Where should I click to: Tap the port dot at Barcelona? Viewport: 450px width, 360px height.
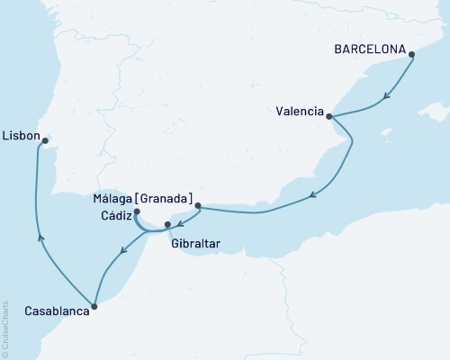pyautogui.click(x=412, y=55)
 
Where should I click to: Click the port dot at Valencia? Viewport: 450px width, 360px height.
pyautogui.click(x=329, y=116)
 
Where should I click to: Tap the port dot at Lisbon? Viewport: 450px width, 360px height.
pyautogui.click(x=45, y=139)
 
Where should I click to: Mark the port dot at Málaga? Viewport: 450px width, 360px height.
pyautogui.click(x=197, y=206)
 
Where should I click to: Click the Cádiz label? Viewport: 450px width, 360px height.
pyautogui.click(x=113, y=214)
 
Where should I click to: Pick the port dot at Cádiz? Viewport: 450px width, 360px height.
pyautogui.click(x=136, y=212)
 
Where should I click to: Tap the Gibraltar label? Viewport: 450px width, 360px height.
pyautogui.click(x=193, y=242)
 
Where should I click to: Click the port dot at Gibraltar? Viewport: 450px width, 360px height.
pyautogui.click(x=167, y=224)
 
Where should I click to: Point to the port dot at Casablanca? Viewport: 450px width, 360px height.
pyautogui.click(x=94, y=306)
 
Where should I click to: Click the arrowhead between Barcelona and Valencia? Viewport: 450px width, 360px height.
pyautogui.click(x=386, y=96)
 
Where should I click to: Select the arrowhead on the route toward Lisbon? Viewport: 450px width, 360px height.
pyautogui.click(x=40, y=236)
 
